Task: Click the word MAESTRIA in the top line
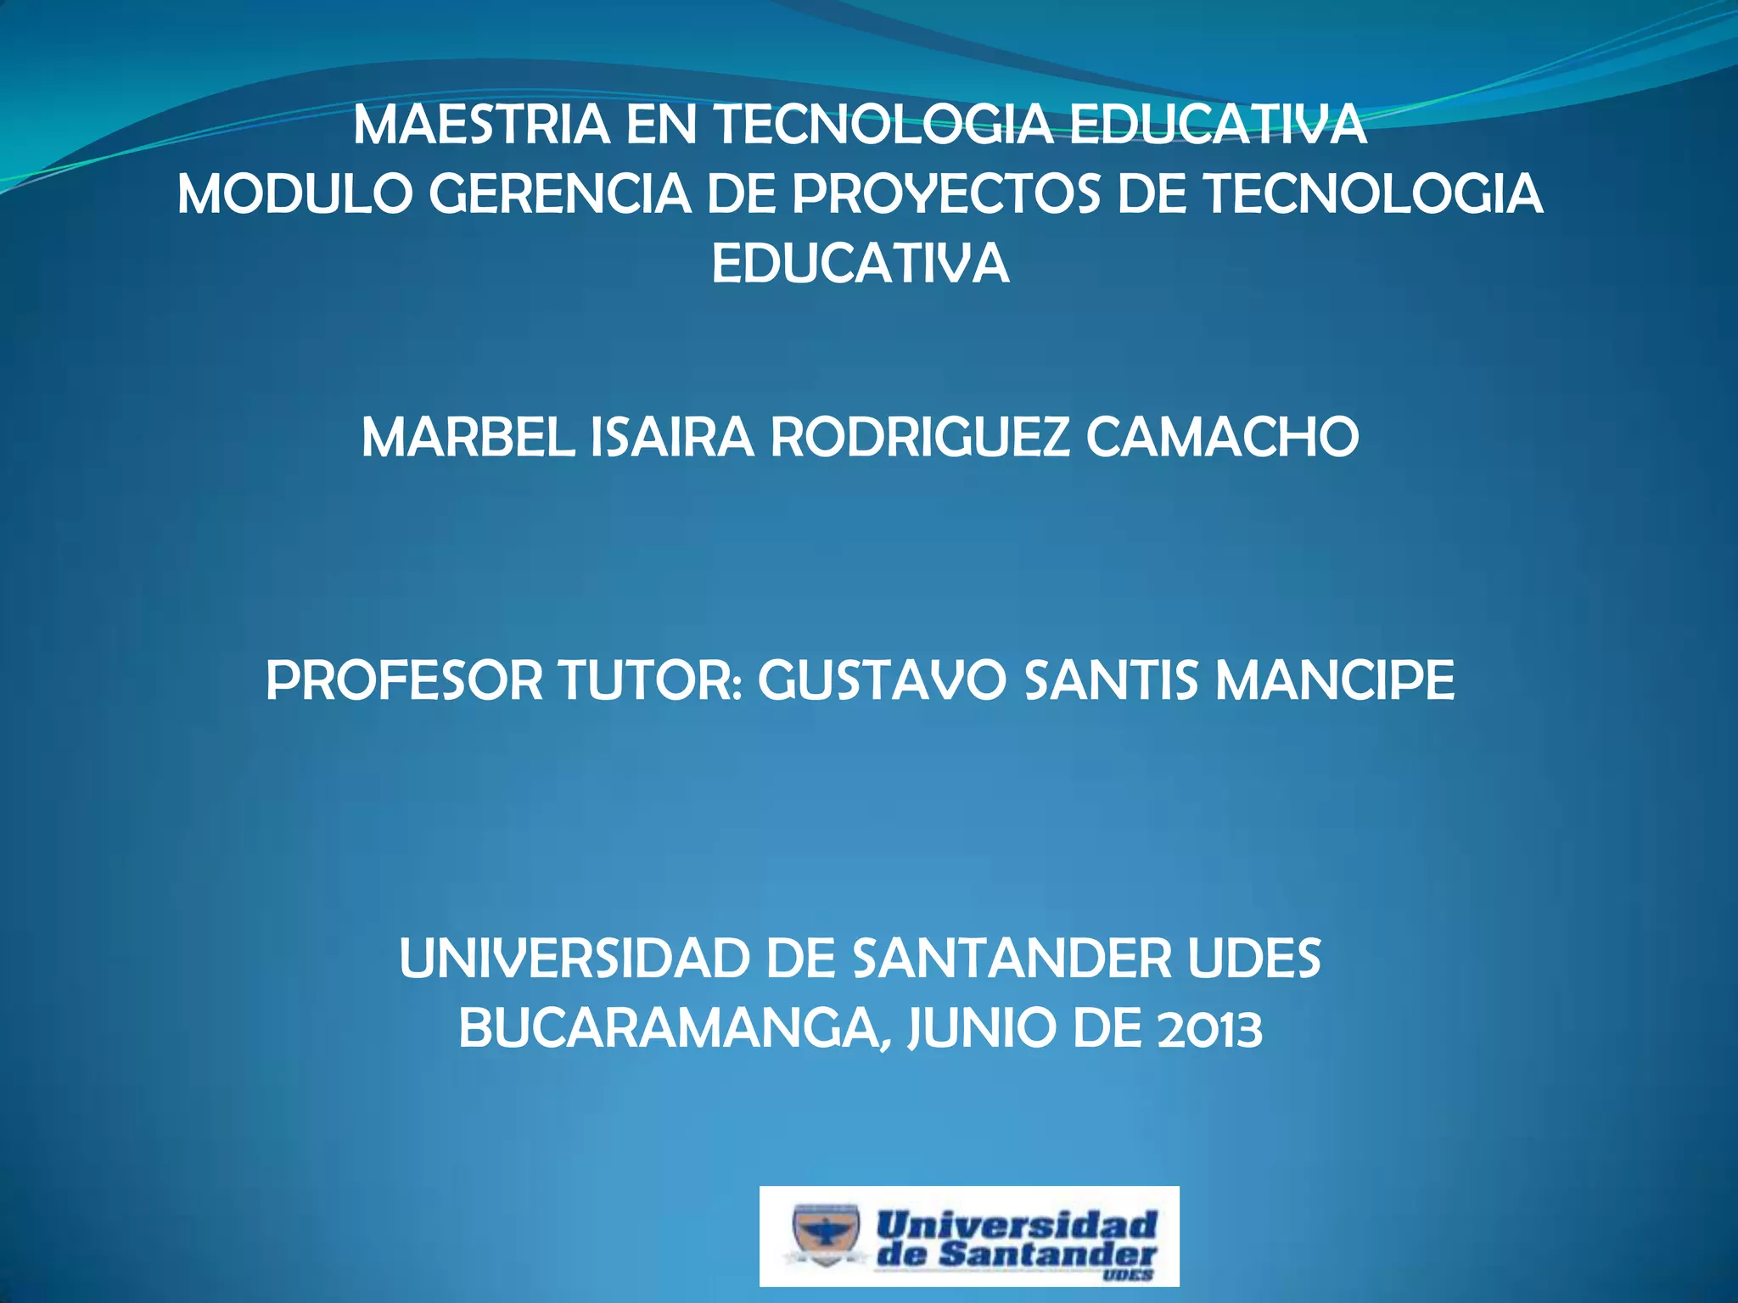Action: tap(481, 125)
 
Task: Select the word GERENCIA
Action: tap(560, 194)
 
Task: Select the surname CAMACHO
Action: tap(1223, 439)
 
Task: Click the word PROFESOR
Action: tap(404, 681)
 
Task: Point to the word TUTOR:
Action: tap(650, 681)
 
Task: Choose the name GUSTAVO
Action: tap(881, 681)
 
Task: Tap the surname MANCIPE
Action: tap(1335, 681)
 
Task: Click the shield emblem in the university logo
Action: tap(825, 1233)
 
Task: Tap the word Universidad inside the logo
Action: tap(1017, 1224)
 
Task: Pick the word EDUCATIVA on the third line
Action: tap(861, 264)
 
